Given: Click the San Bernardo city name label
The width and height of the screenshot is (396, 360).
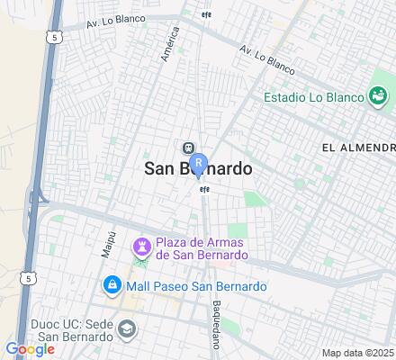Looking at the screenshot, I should pyautogui.click(x=198, y=169).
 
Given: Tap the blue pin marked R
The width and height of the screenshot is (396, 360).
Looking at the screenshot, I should pyautogui.click(x=199, y=165).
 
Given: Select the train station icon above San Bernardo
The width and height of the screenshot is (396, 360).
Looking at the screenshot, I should pyautogui.click(x=188, y=149).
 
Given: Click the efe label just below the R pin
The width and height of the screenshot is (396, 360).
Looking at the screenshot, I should pyautogui.click(x=204, y=188).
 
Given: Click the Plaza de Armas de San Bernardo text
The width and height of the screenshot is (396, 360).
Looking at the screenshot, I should pyautogui.click(x=202, y=247).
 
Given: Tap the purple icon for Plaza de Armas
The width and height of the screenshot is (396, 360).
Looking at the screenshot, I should pyautogui.click(x=141, y=247).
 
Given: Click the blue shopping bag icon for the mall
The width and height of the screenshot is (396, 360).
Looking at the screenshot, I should pyautogui.click(x=112, y=286).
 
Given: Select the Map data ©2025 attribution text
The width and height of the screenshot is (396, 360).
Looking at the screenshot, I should pyautogui.click(x=358, y=352).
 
